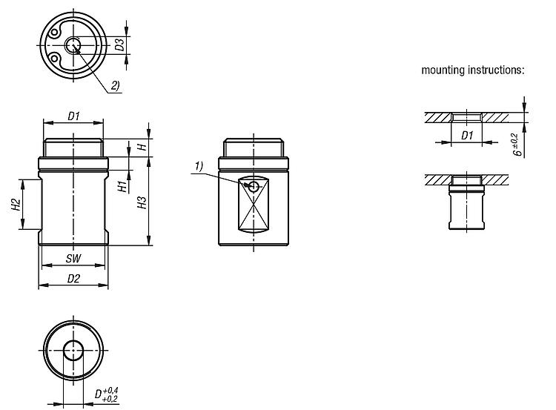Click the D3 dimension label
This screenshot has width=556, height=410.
pyautogui.click(x=121, y=44)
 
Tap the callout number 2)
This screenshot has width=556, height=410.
pyautogui.click(x=116, y=85)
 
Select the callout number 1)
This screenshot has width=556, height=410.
pyautogui.click(x=199, y=166)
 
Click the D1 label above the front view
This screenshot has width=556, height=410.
pyautogui.click(x=73, y=116)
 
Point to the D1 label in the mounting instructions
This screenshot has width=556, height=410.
pyautogui.click(x=467, y=135)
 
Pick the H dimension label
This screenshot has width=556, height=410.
pyautogui.click(x=142, y=147)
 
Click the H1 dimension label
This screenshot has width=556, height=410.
pyautogui.click(x=122, y=186)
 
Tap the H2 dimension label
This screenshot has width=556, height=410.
pyautogui.click(x=16, y=205)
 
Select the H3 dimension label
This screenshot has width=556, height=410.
pyautogui.click(x=142, y=202)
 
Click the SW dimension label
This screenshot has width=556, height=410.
pyautogui.click(x=73, y=259)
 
